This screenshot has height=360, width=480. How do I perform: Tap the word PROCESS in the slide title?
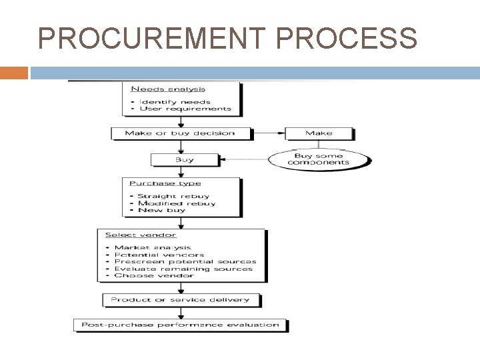coord(346,39)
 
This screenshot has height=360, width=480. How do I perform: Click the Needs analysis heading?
coord(167,89)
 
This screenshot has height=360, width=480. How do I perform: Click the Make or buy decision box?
coord(180,133)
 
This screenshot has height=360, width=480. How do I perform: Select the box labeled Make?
coord(319,133)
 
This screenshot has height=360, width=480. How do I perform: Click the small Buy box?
coord(185,160)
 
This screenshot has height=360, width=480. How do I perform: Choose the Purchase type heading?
coord(165,183)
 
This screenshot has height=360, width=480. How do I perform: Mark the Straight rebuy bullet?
coord(173,196)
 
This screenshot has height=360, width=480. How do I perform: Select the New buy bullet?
coord(163,211)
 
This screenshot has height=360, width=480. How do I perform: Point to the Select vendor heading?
coord(141,235)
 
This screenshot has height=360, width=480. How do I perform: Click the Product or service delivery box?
coord(180,300)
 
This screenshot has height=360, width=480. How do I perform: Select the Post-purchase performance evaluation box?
coord(180,325)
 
